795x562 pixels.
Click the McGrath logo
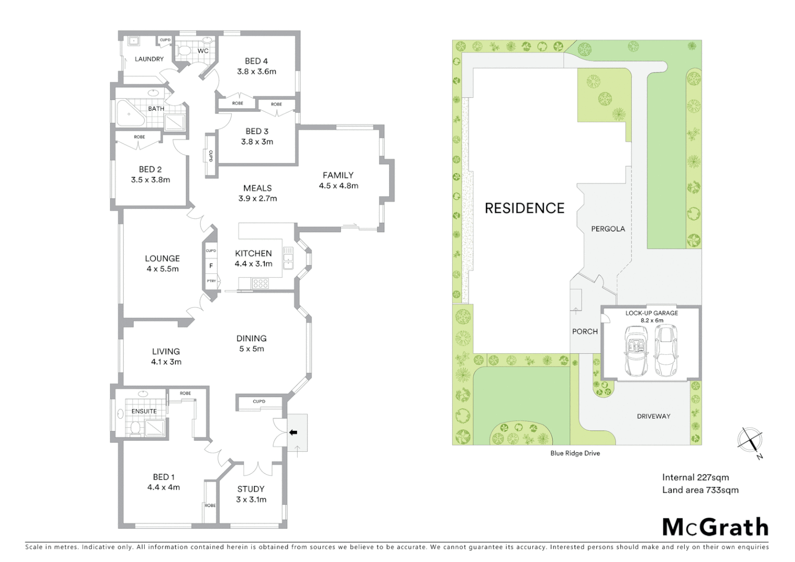(715, 527)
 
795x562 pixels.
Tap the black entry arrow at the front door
(293, 432)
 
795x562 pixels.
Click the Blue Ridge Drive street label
(575, 453)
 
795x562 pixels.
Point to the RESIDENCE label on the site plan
(524, 208)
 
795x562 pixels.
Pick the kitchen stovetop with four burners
(260, 284)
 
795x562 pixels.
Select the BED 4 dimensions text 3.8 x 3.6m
(257, 72)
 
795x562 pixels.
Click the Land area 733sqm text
(700, 490)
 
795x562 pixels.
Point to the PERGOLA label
(608, 229)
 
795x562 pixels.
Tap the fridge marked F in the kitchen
(211, 266)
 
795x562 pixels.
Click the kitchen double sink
(288, 258)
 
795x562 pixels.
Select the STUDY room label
(251, 489)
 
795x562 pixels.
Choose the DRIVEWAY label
(653, 416)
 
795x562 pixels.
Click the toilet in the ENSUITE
(136, 428)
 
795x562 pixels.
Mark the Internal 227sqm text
(695, 477)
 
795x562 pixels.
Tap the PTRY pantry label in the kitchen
(211, 281)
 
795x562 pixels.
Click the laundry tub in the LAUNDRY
(132, 40)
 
